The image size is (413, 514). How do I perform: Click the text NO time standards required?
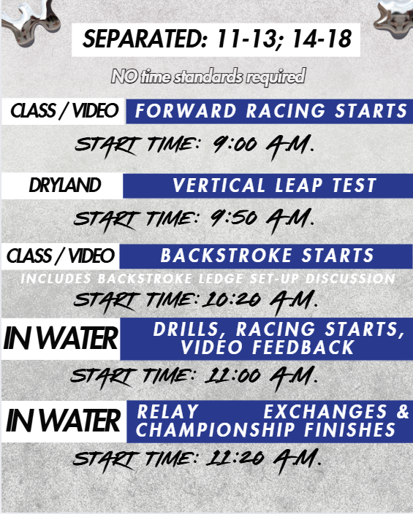coord(208,77)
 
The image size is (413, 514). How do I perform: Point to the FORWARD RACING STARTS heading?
coord(271,110)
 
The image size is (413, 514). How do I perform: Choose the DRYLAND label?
coord(64,185)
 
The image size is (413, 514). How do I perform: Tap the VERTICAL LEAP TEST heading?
coord(274,185)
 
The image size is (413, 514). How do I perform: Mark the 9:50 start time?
coord(234,218)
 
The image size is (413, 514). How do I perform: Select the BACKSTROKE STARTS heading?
coord(268,256)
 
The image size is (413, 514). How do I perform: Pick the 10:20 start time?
coord(232,299)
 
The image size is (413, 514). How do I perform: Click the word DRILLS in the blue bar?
coord(186,329)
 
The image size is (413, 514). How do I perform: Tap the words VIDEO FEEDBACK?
coord(268,348)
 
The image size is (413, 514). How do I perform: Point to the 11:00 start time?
coord(232,375)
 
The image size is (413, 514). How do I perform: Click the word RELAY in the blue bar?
coord(167,411)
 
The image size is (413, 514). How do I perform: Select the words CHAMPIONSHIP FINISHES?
coord(265,430)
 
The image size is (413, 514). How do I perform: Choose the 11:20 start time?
coord(235,458)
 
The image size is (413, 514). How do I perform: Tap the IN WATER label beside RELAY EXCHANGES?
coord(63,421)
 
